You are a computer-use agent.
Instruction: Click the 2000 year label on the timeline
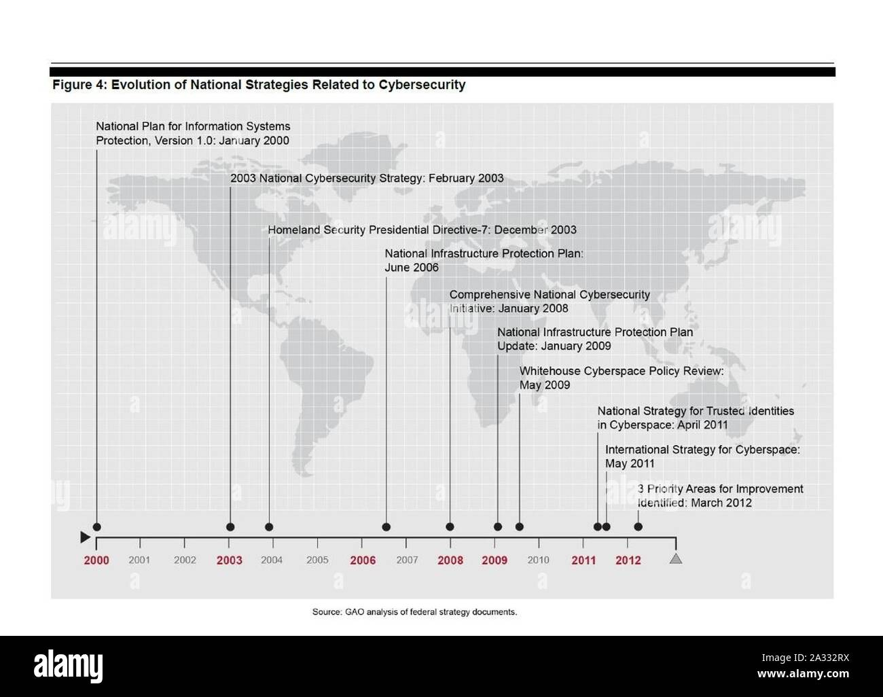point(96,560)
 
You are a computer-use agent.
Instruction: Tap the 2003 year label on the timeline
point(230,560)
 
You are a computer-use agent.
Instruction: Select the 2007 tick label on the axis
point(407,560)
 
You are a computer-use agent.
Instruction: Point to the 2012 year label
point(628,560)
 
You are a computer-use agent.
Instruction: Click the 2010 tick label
point(538,560)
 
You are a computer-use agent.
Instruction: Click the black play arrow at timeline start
point(85,537)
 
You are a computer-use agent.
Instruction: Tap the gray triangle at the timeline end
point(676,559)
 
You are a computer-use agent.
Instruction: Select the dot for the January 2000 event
point(96,527)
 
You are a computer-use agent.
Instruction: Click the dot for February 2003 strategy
point(230,527)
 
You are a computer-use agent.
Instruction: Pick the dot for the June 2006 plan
point(386,527)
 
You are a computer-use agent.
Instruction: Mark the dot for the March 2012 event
point(638,527)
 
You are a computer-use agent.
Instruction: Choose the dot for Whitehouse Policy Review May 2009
point(520,527)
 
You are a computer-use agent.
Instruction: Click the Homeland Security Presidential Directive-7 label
point(422,230)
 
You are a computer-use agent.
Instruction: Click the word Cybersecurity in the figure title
point(422,85)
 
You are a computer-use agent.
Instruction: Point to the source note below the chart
point(414,612)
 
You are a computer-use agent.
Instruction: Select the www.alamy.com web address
point(803,675)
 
